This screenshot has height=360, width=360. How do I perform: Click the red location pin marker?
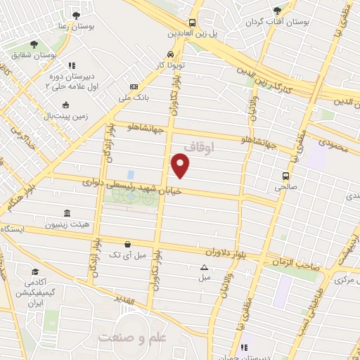point(181,166)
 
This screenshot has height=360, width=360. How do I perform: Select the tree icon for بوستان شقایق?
point(34,44)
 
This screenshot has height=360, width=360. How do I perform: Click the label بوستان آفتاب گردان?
point(277,21)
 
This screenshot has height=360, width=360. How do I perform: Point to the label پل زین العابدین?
point(192,33)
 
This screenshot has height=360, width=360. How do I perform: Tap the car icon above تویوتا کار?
point(171,53)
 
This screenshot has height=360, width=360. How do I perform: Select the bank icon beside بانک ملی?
point(134,86)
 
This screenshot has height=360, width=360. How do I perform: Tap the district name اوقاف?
point(198,148)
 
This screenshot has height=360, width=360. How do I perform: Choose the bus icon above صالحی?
point(285,176)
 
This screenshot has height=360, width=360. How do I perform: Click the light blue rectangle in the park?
point(130,174)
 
